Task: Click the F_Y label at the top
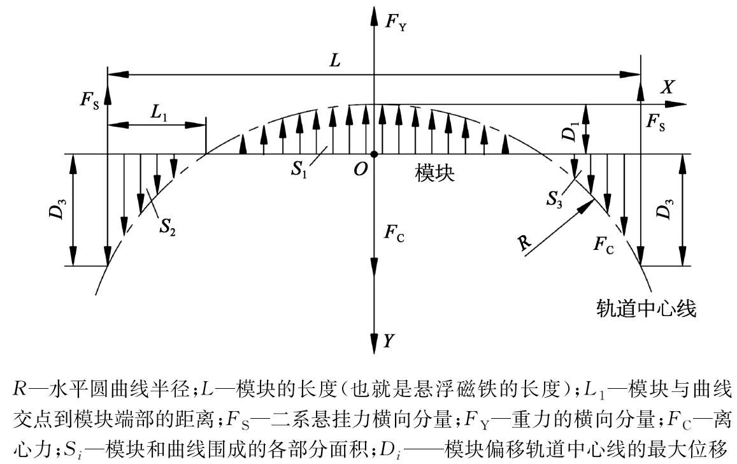click(396, 22)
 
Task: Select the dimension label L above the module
click(334, 61)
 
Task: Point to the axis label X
click(668, 87)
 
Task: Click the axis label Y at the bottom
click(388, 340)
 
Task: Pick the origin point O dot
click(374, 154)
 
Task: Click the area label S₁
click(299, 170)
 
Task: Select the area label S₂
click(168, 227)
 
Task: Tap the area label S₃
click(554, 199)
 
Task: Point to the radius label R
click(524, 243)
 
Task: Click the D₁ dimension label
click(570, 131)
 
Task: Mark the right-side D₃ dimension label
click(666, 208)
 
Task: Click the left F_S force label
click(90, 99)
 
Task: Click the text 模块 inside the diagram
click(435, 173)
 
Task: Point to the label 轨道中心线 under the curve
click(646, 308)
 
